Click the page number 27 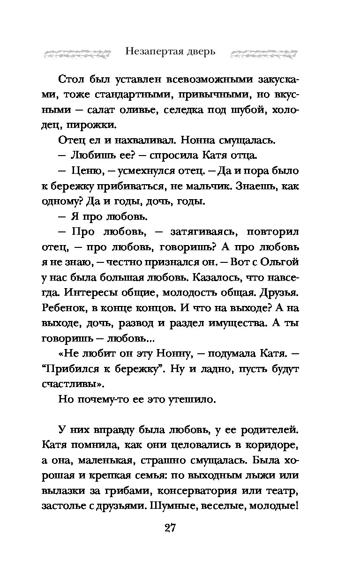(x=170, y=528)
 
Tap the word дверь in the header (x=202, y=51)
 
